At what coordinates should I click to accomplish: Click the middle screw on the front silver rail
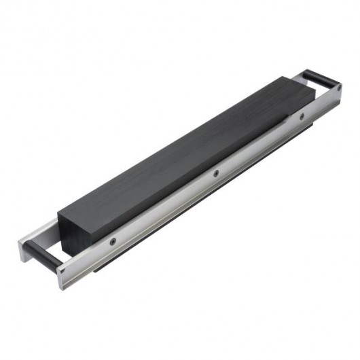click(x=216, y=173)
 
